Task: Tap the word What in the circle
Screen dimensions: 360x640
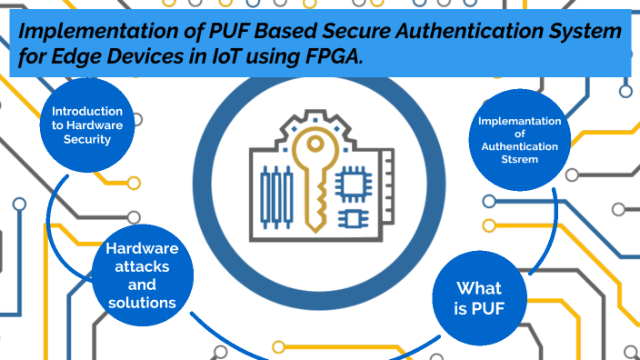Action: point(478,287)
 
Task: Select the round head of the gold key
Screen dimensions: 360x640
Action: point(315,145)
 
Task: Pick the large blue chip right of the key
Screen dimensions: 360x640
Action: point(357,180)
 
